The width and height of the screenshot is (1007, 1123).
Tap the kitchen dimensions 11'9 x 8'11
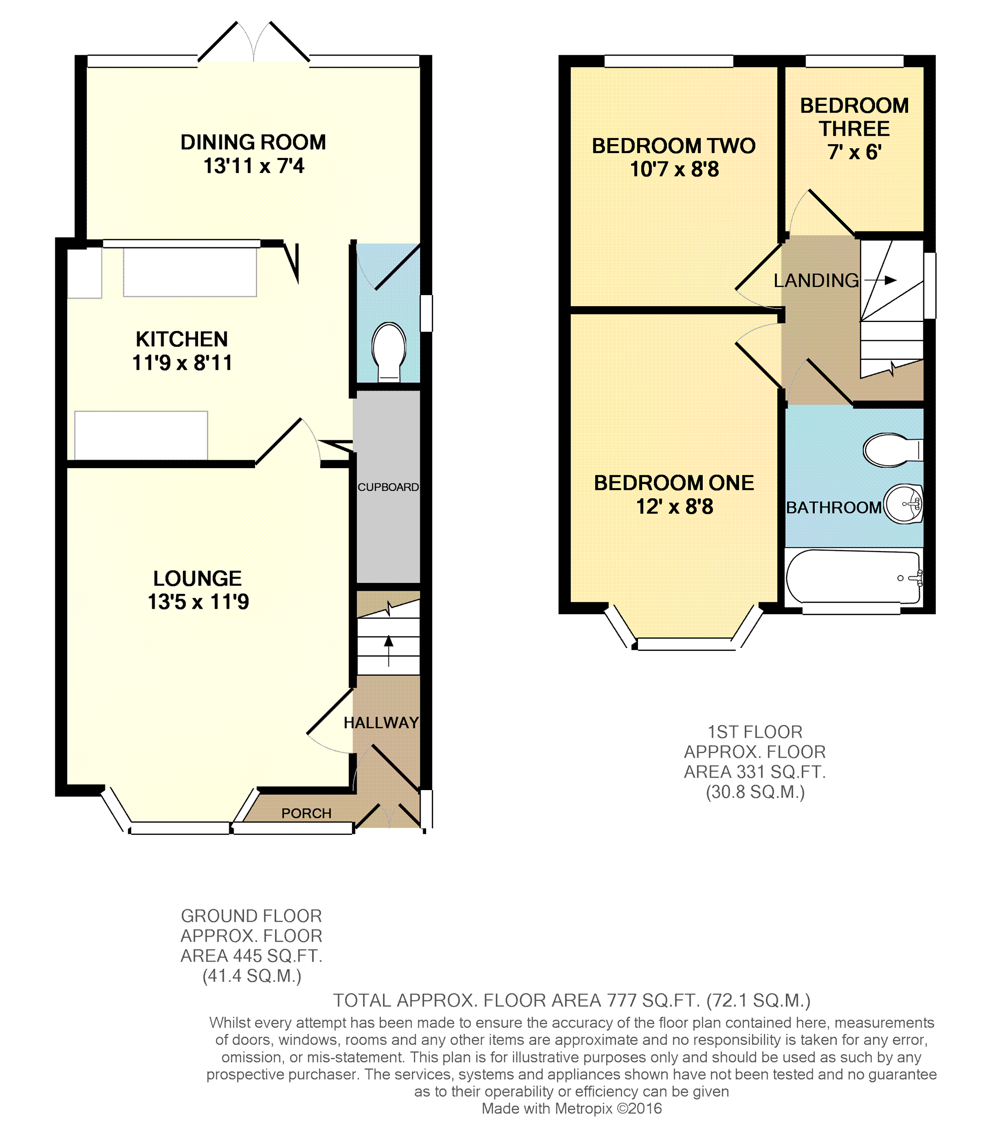[x=182, y=363]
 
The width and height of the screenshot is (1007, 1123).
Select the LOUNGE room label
[x=197, y=578]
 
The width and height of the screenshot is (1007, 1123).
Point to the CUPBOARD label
[x=388, y=487]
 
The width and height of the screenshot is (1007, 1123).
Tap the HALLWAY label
[x=381, y=722]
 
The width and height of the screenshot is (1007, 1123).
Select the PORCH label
[x=306, y=813]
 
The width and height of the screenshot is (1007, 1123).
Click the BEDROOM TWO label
[x=674, y=146]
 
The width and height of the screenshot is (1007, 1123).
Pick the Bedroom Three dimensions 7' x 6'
[x=854, y=152]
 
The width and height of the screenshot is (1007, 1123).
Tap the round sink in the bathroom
[x=903, y=504]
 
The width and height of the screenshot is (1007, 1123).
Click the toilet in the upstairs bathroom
[x=893, y=450]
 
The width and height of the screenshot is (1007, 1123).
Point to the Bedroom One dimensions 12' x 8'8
[x=674, y=506]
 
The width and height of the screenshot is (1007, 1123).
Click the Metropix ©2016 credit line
[x=571, y=1108]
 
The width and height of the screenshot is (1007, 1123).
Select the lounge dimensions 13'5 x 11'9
[x=198, y=602]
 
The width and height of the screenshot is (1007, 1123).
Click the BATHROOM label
[x=833, y=508]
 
